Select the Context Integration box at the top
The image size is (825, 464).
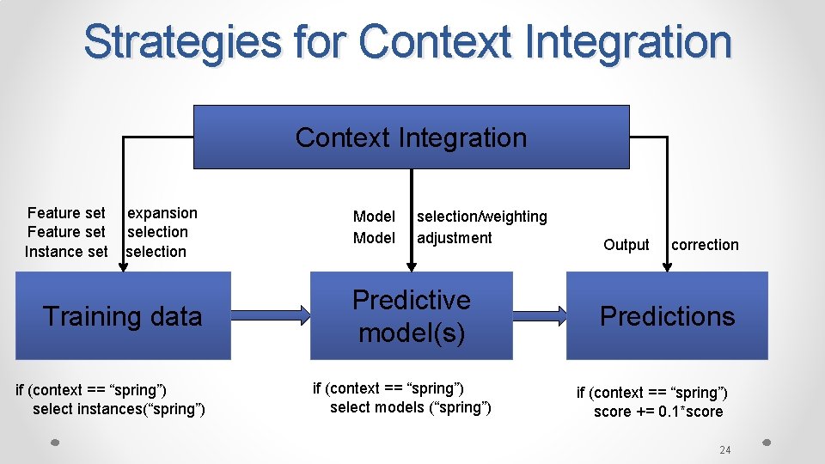point(411,137)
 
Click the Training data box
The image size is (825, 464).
point(123,316)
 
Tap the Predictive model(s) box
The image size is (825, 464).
point(411,316)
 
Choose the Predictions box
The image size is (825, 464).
point(667,316)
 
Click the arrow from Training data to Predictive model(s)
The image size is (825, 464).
point(271,316)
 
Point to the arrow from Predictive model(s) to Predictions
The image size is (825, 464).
point(539,316)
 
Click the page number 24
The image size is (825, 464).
point(724,450)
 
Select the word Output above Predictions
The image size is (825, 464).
point(626,245)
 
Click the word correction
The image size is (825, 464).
point(705,245)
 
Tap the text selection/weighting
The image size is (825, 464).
point(482,217)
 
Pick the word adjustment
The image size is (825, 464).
point(455,238)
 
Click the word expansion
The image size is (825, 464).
point(162,213)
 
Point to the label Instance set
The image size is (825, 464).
point(66,252)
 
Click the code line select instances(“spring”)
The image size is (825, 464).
point(119,409)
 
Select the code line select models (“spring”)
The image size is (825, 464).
point(411,407)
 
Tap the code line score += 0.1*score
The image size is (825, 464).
point(658,412)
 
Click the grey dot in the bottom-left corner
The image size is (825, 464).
point(54,443)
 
